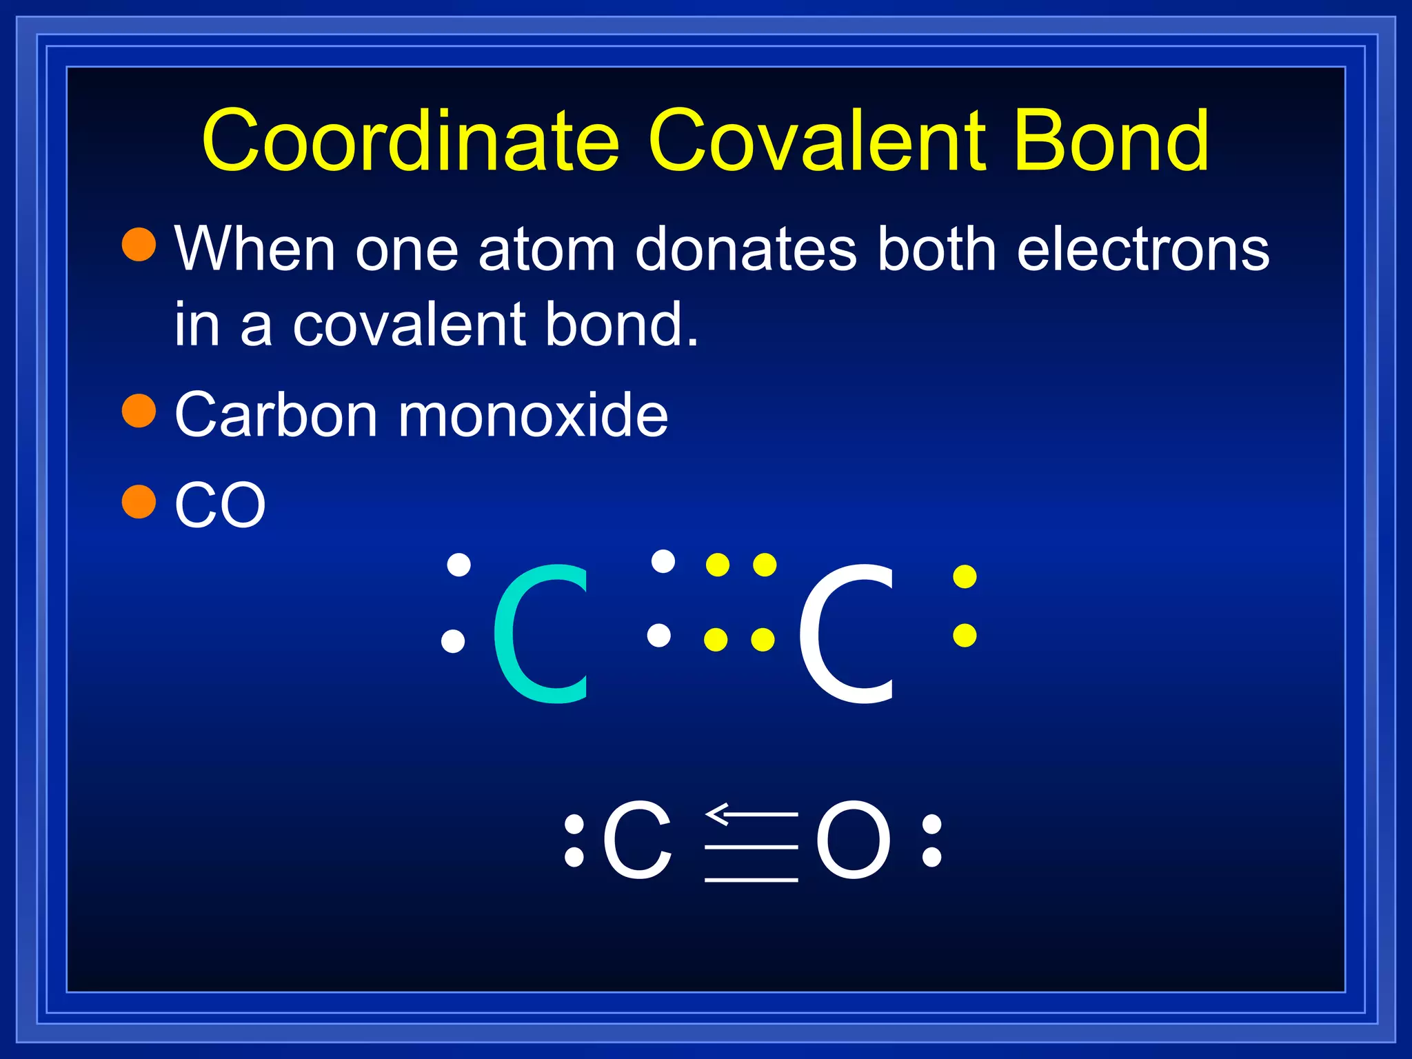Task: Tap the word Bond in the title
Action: tap(1111, 141)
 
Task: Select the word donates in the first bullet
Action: tap(746, 250)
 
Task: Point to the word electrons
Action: tap(1142, 250)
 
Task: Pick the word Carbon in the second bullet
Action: tap(276, 415)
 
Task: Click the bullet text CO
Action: tap(220, 505)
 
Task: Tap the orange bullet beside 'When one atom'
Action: tap(139, 245)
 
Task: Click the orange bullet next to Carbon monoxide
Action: tap(139, 411)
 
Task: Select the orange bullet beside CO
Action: tap(139, 501)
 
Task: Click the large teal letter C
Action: tap(542, 633)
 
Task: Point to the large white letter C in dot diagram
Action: tap(847, 633)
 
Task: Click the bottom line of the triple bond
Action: tap(751, 880)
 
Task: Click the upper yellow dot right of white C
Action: tap(965, 577)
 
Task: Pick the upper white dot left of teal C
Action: tap(458, 565)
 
